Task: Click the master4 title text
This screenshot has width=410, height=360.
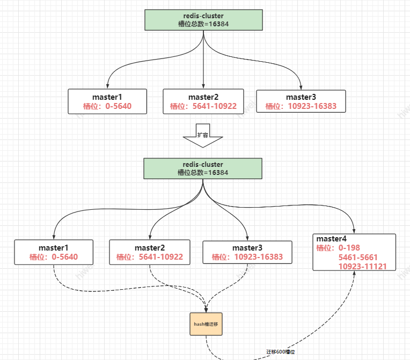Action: tap(332, 239)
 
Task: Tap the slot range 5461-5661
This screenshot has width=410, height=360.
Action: tap(358, 258)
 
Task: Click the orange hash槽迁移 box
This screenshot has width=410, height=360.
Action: tap(206, 324)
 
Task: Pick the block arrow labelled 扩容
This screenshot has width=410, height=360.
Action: tap(203, 137)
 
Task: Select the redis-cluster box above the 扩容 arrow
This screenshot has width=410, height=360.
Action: tap(203, 19)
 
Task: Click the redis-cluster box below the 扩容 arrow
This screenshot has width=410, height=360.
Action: tap(203, 168)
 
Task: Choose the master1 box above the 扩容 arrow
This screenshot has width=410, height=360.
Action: tap(107, 101)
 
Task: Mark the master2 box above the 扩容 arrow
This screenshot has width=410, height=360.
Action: tap(203, 101)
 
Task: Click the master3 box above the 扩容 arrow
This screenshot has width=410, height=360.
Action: tap(301, 101)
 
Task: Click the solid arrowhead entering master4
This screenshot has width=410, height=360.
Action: tap(354, 231)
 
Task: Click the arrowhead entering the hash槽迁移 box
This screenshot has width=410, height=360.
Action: tap(206, 310)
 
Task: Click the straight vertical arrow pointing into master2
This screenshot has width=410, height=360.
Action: tap(203, 64)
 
